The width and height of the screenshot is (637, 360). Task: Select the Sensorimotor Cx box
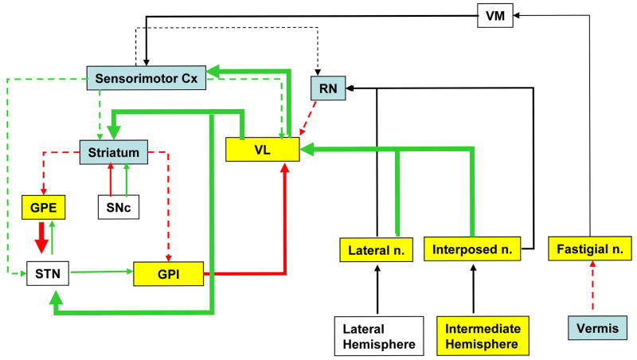click(x=147, y=77)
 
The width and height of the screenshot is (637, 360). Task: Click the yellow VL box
click(x=263, y=149)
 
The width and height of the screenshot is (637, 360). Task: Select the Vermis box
click(x=591, y=327)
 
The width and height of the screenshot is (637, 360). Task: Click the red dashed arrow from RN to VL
click(x=309, y=119)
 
